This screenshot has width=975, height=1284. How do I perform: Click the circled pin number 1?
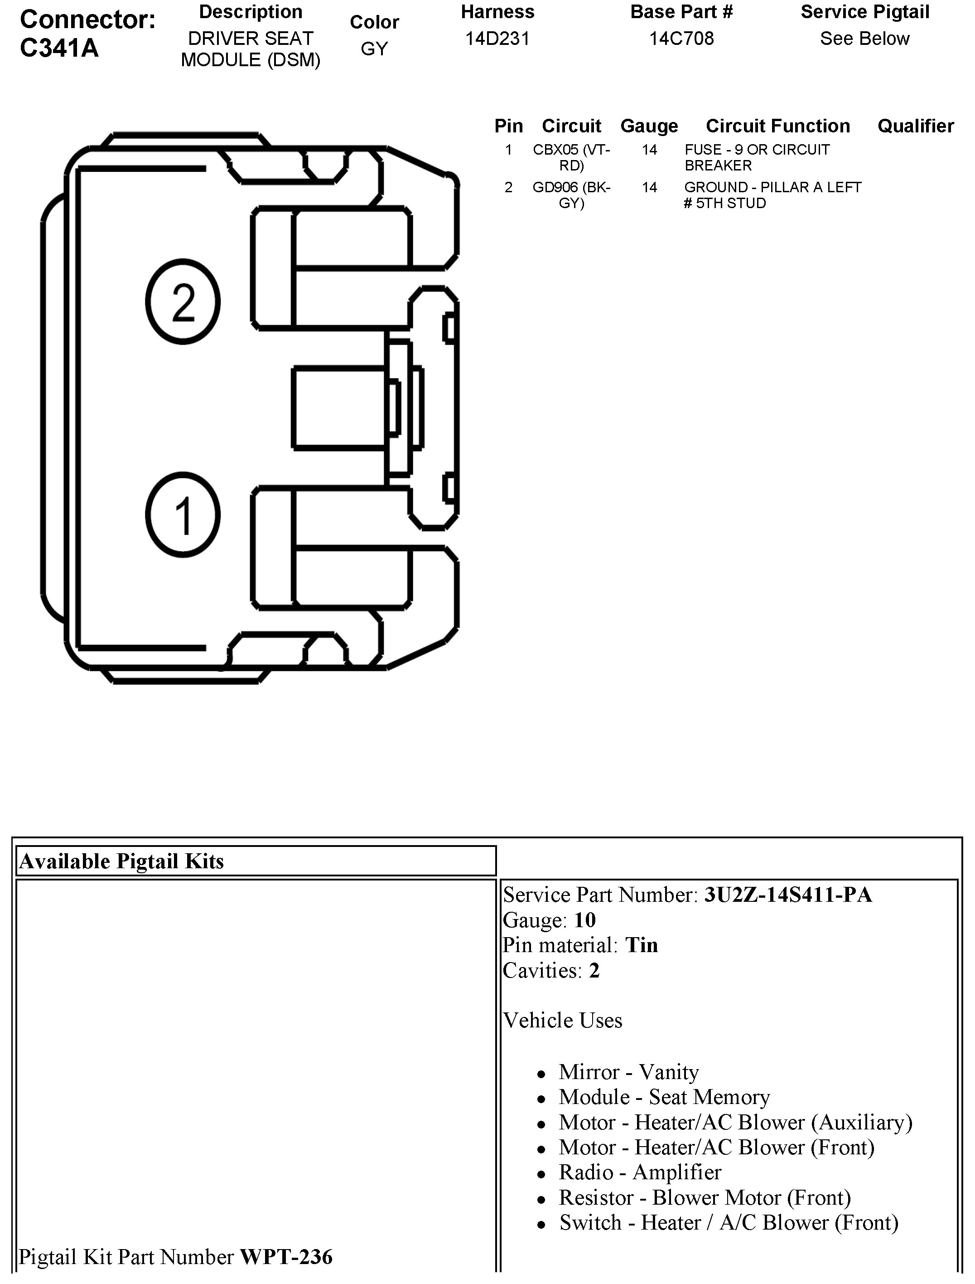pyautogui.click(x=183, y=515)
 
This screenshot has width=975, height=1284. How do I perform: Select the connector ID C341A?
pyautogui.click(x=59, y=48)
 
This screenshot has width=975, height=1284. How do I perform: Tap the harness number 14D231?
pyautogui.click(x=497, y=39)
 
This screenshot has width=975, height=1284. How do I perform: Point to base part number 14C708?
pyautogui.click(x=681, y=39)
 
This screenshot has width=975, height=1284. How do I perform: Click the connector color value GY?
pyautogui.click(x=374, y=49)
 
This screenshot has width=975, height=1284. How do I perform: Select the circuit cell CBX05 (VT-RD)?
pyautogui.click(x=572, y=157)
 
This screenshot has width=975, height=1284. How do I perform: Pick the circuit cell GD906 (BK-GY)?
pyautogui.click(x=572, y=195)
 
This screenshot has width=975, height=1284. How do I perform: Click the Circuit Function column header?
pyautogui.click(x=777, y=126)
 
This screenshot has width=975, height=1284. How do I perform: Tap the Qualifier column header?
pyautogui.click(x=915, y=126)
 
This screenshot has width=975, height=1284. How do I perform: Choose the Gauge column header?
pyautogui.click(x=649, y=126)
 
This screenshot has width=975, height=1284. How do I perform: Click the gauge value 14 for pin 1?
pyautogui.click(x=649, y=150)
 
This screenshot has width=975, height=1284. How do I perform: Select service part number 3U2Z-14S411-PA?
pyautogui.click(x=787, y=895)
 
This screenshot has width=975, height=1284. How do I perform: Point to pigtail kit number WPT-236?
pyautogui.click(x=286, y=1257)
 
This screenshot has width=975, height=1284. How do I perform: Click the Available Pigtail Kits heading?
pyautogui.click(x=121, y=861)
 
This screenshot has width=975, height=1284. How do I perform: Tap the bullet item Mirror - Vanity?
pyautogui.click(x=628, y=1072)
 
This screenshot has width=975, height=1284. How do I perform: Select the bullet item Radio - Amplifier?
pyautogui.click(x=640, y=1172)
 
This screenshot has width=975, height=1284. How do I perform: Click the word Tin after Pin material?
pyautogui.click(x=641, y=945)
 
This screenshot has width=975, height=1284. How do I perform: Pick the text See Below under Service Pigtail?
pyautogui.click(x=864, y=39)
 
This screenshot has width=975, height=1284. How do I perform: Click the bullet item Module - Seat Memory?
pyautogui.click(x=664, y=1097)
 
